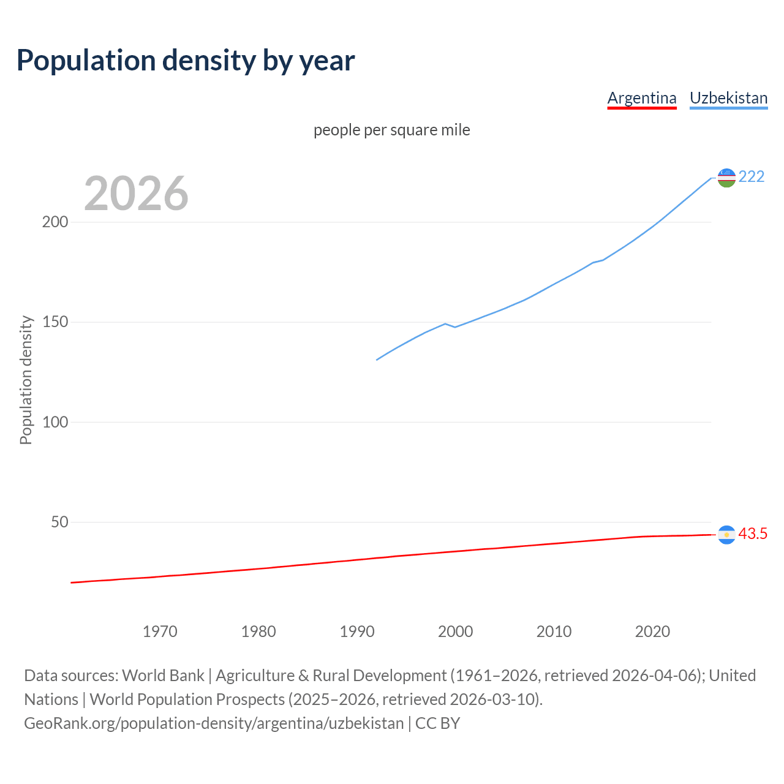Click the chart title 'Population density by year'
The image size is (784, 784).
(186, 61)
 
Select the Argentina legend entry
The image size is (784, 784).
(641, 98)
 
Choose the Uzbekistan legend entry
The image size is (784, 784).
(728, 98)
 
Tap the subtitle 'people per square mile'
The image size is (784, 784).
(392, 130)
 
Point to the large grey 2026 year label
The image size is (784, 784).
(136, 194)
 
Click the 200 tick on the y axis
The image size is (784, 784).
(55, 222)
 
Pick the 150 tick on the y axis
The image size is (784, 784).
(55, 322)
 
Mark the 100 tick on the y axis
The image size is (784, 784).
(55, 422)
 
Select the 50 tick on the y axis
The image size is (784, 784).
(59, 522)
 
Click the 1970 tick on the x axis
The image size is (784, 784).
(160, 631)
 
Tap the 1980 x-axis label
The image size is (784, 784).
(258, 631)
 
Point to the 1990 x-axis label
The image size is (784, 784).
(357, 631)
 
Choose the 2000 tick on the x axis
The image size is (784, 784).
(455, 631)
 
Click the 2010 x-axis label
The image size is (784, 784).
(554, 631)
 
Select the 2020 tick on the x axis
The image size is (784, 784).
(652, 631)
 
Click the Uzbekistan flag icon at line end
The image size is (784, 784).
(726, 178)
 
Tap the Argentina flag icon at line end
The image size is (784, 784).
(726, 535)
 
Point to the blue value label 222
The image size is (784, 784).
(752, 177)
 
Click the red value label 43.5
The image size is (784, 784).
(753, 534)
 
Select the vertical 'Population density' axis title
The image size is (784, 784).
(26, 380)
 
